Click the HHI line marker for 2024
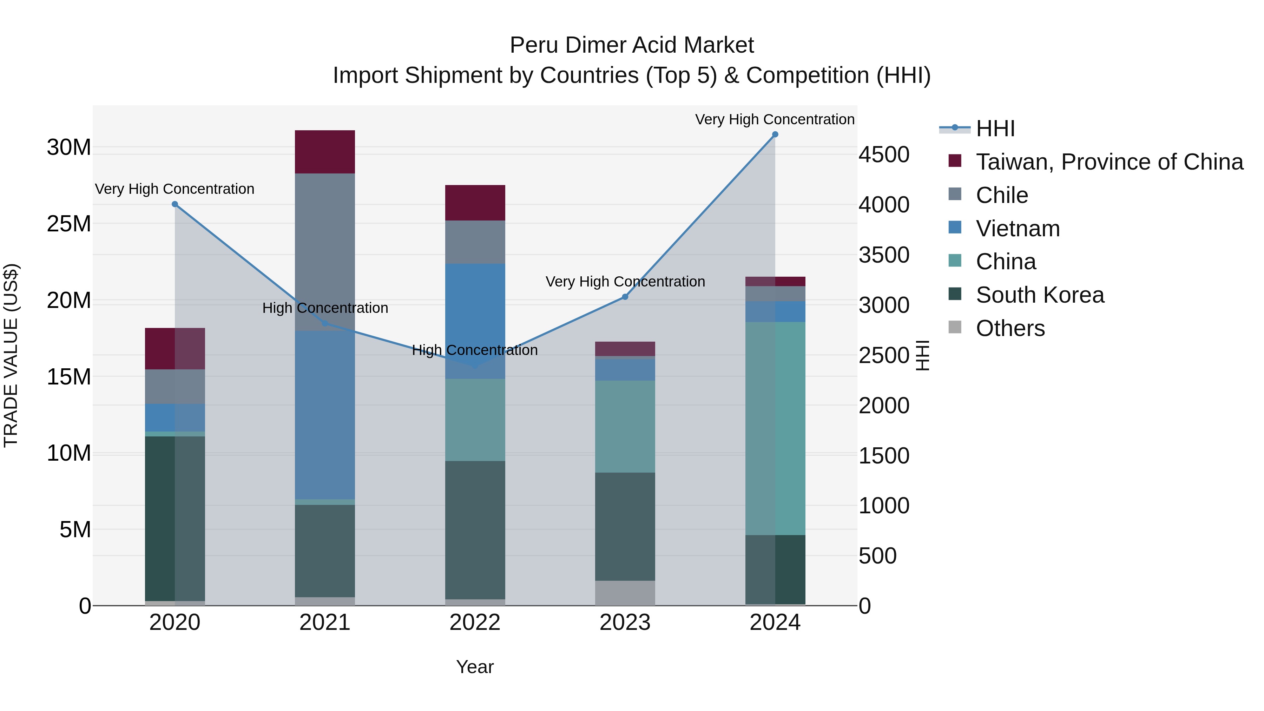[x=775, y=134]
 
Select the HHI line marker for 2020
[x=175, y=204]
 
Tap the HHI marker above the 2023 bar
[x=625, y=297]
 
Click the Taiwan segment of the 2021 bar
[x=325, y=152]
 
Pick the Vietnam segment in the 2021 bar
[x=325, y=415]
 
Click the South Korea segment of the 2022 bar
[x=475, y=530]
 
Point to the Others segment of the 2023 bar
[x=625, y=593]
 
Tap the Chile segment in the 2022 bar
[x=475, y=242]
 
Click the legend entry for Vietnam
[x=1017, y=229]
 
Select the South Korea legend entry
[x=1039, y=295]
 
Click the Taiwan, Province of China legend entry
[x=1109, y=162]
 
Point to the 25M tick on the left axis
[x=69, y=224]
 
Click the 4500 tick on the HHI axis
[x=884, y=154]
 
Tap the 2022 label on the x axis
[x=475, y=623]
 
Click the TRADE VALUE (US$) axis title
[x=11, y=355]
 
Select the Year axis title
[x=474, y=667]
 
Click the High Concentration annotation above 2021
[x=325, y=308]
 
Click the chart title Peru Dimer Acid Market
[x=632, y=45]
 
